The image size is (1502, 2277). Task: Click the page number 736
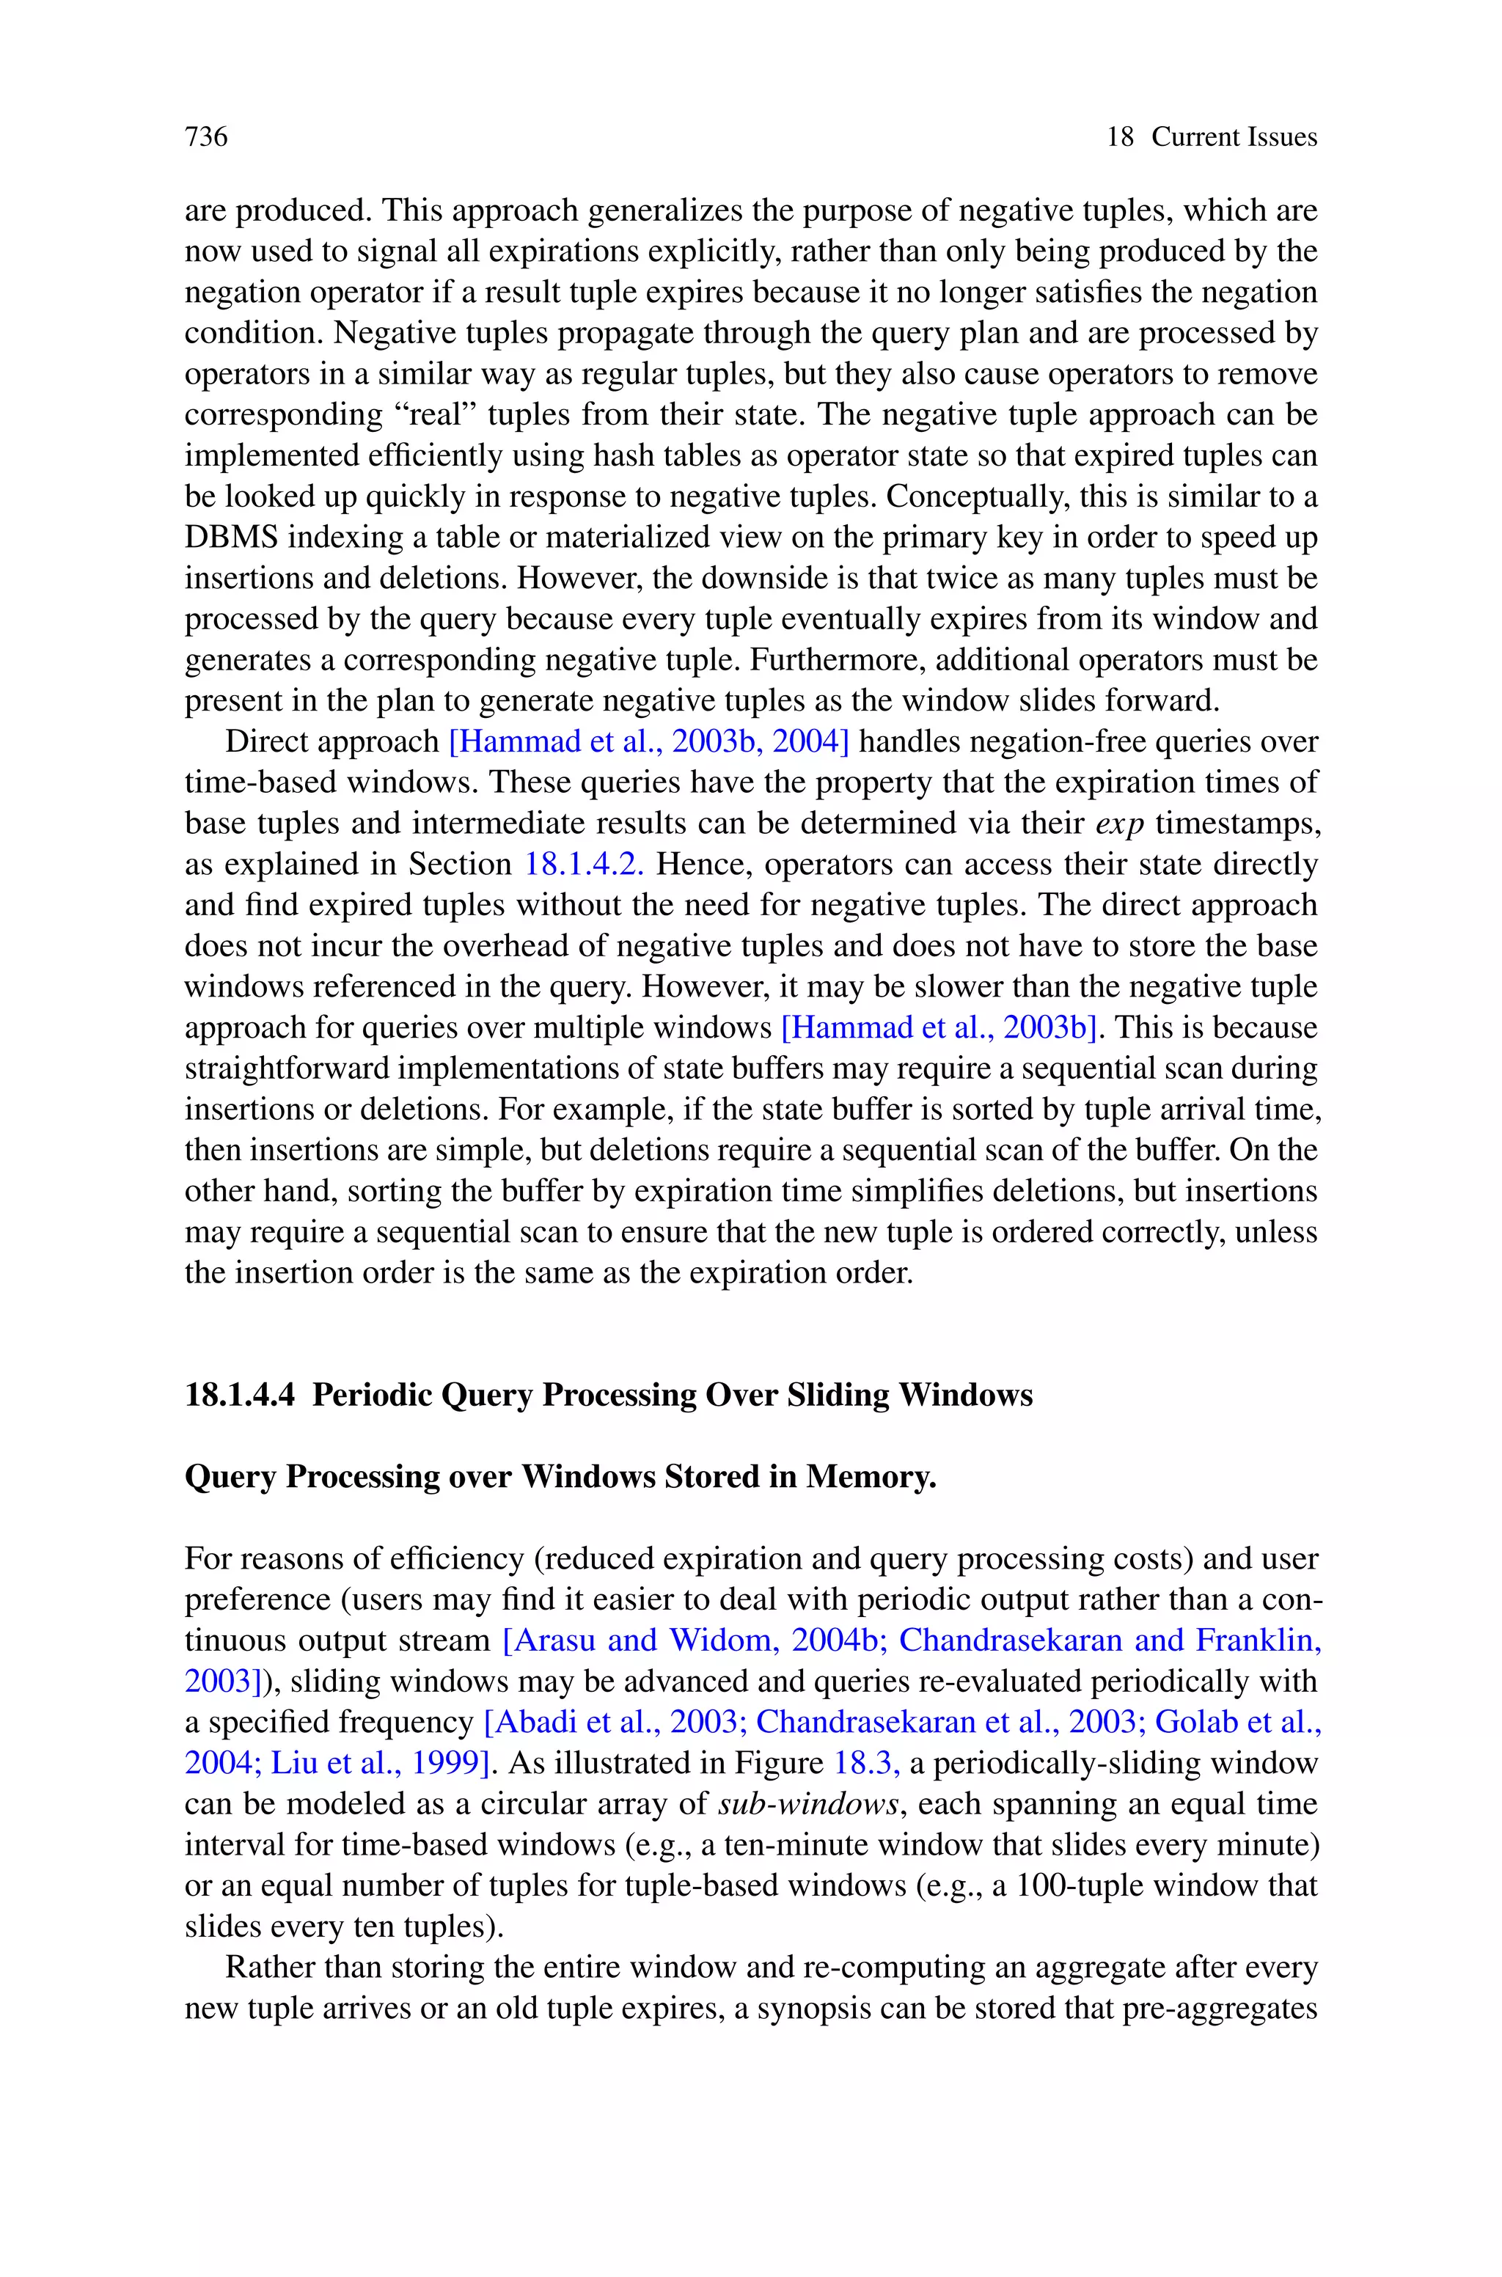pos(206,137)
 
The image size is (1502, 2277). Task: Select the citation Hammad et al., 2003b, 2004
pos(648,742)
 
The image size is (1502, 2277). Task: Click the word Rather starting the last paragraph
pos(269,1968)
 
